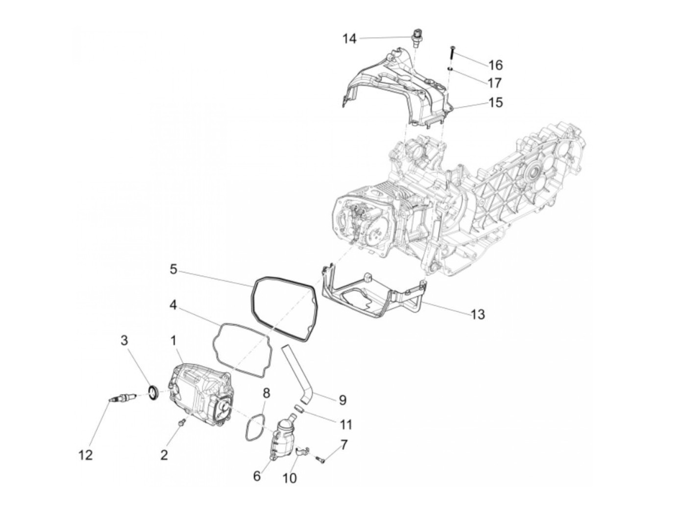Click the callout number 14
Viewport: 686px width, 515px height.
(x=349, y=39)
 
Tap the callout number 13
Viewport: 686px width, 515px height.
(x=477, y=314)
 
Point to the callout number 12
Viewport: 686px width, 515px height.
(x=86, y=455)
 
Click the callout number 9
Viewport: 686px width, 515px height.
(x=343, y=400)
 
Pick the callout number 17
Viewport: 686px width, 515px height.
(x=495, y=82)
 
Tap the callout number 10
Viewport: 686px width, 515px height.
(x=290, y=477)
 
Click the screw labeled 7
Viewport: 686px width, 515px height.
(x=321, y=459)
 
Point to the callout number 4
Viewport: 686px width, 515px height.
(x=173, y=305)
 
